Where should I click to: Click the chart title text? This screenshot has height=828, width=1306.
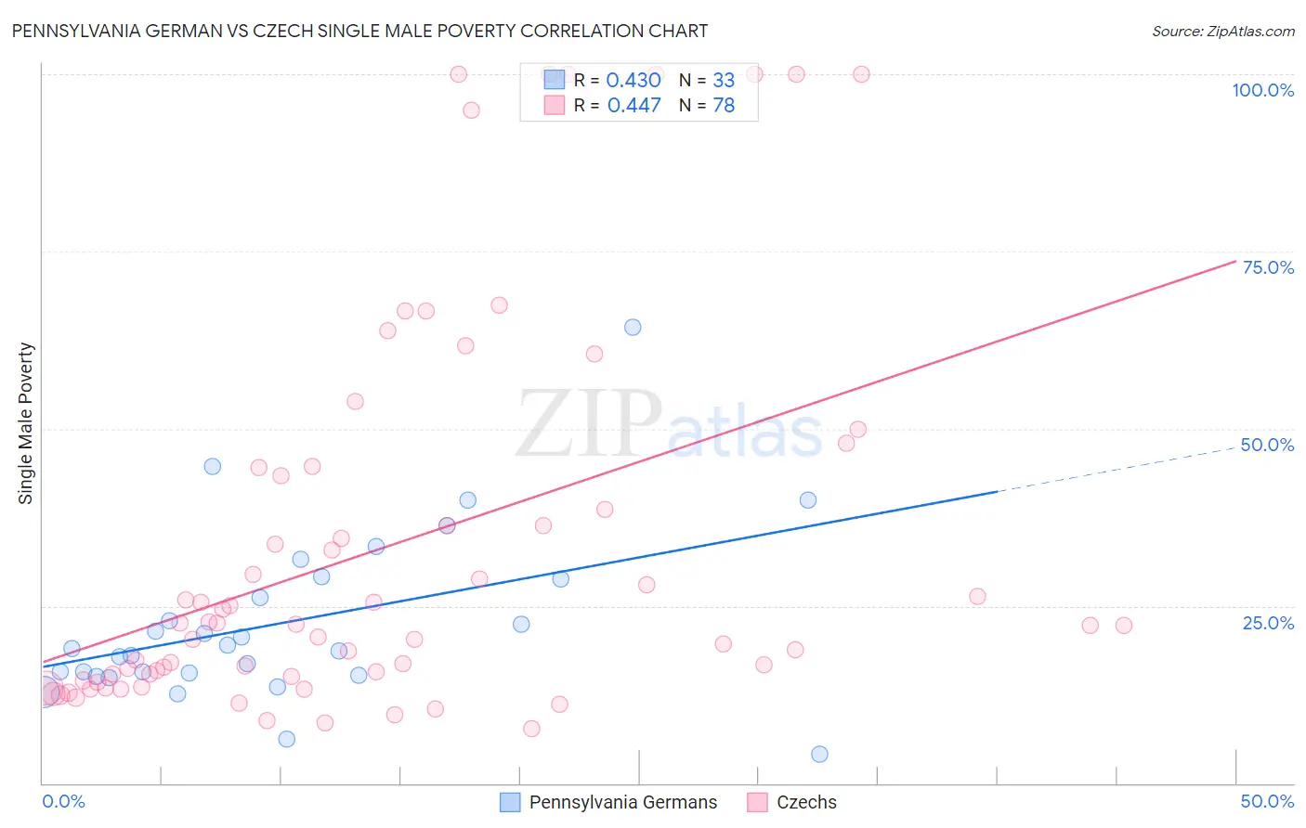[359, 31]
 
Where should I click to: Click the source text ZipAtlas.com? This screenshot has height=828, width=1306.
[1222, 31]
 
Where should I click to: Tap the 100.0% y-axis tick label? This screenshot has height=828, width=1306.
[1262, 90]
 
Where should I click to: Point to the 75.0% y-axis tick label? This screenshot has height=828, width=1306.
[1268, 267]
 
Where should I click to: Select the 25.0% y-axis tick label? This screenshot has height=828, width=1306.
[1268, 623]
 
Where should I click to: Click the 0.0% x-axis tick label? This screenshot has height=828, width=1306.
[63, 801]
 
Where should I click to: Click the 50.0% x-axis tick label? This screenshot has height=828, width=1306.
[1267, 801]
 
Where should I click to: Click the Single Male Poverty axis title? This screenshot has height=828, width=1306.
[26, 423]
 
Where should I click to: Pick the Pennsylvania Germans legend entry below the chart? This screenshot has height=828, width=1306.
[608, 802]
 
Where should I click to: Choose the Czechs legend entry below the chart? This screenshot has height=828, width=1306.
[792, 802]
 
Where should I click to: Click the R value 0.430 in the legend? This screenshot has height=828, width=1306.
[633, 81]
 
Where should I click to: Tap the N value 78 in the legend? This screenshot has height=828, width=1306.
[724, 106]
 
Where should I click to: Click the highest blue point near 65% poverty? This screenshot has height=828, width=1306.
[633, 327]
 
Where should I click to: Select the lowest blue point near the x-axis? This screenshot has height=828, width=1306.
[819, 754]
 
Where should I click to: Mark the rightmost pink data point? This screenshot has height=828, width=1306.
[1124, 626]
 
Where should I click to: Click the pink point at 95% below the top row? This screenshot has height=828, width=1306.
[471, 110]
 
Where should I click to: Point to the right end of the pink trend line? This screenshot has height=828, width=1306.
[1234, 261]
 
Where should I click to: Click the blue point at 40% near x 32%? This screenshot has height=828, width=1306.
[808, 499]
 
